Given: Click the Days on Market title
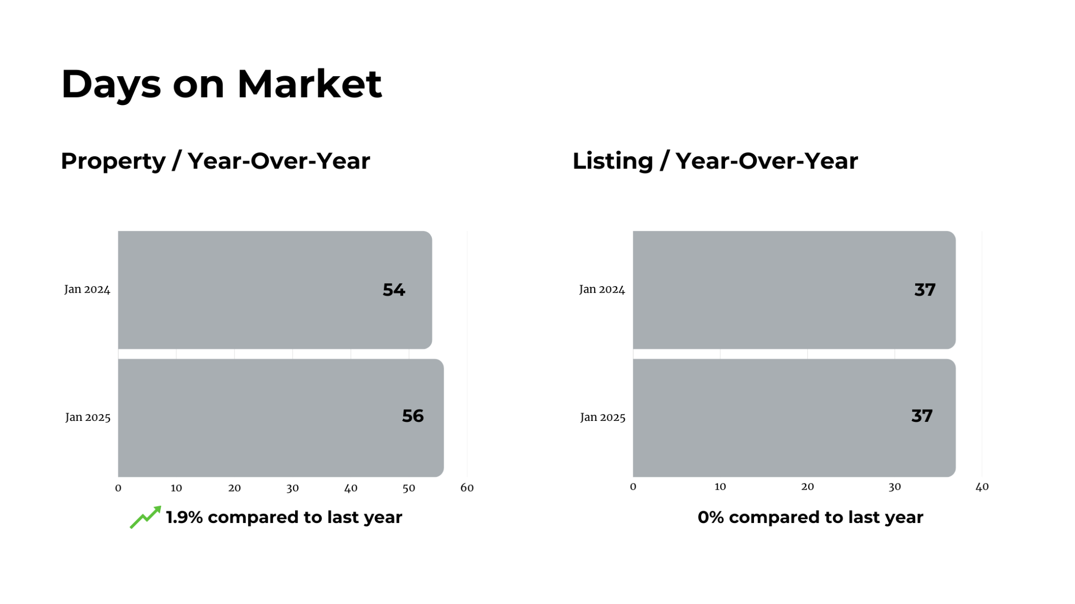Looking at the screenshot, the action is [x=221, y=84].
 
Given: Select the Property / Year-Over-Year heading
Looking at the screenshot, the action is [x=215, y=161].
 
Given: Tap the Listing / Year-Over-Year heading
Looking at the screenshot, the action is [x=715, y=161].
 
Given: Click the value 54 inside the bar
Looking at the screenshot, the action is [x=394, y=290].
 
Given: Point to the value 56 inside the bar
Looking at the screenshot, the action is [x=413, y=416].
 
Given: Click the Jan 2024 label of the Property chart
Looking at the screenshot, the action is [x=87, y=290].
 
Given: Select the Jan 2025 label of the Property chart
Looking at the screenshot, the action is [x=88, y=417].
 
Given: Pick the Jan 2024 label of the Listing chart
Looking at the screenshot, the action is [x=602, y=290].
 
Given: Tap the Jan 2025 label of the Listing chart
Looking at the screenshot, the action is [x=603, y=417].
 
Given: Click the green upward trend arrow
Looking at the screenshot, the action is [x=146, y=517].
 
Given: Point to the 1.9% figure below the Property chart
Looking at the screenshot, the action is [x=184, y=517].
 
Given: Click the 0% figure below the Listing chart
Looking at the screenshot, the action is [x=711, y=517].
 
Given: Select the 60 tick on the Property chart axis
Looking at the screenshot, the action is [x=467, y=488].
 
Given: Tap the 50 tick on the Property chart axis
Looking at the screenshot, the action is [x=409, y=488].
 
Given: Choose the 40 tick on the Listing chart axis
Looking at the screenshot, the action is [x=982, y=487].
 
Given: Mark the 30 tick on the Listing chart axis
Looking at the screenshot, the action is [x=895, y=487].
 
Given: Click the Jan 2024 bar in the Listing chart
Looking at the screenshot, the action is [x=794, y=290].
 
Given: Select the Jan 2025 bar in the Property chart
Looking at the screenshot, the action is [x=281, y=418].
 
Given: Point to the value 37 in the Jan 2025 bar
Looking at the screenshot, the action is [x=922, y=416].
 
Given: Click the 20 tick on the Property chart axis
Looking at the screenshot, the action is [x=235, y=488].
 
